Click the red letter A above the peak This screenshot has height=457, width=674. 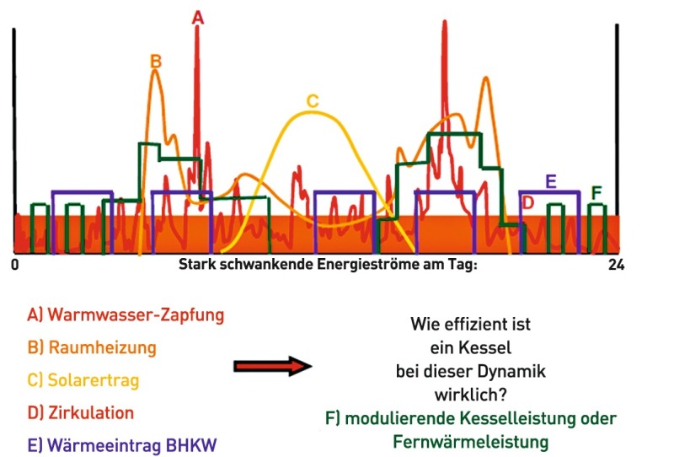tap(197, 18)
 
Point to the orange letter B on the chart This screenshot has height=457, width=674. tap(156, 62)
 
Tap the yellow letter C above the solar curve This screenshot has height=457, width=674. tap(313, 101)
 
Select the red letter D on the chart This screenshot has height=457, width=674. tap(527, 202)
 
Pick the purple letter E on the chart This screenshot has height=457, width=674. tap(551, 181)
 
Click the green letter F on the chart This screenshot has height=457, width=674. tap(596, 193)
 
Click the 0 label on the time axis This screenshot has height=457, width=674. tap(15, 265)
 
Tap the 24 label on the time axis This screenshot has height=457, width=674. tap(616, 265)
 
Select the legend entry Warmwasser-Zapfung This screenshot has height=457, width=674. tap(126, 315)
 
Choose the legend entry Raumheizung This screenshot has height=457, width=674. tap(92, 347)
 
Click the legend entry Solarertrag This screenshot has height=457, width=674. tap(83, 380)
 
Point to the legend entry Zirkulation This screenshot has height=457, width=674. tap(81, 412)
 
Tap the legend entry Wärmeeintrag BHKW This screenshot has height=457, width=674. tap(122, 445)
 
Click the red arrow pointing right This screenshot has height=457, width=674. tap(273, 366)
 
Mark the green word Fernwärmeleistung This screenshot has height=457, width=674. tap(471, 442)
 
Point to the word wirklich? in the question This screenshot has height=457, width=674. tap(471, 395)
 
